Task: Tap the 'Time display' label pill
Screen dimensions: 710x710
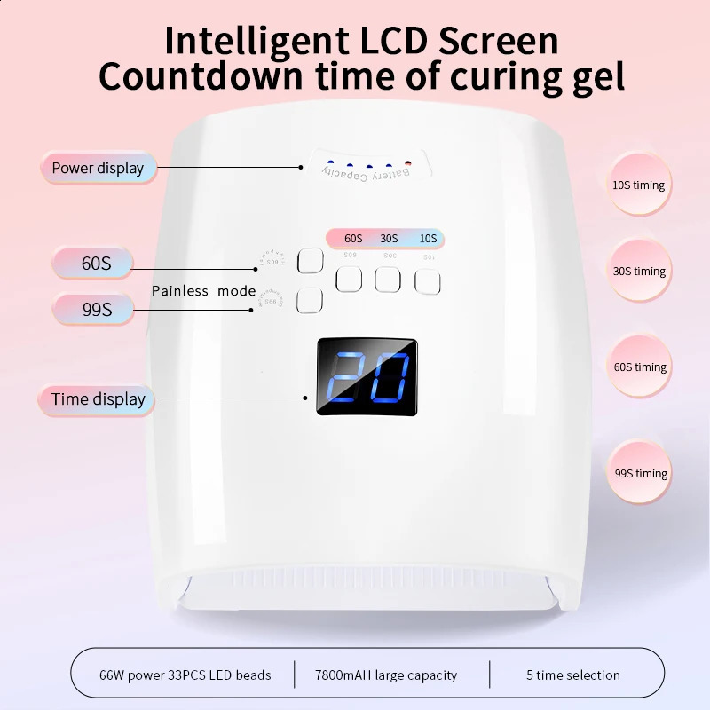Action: (x=98, y=399)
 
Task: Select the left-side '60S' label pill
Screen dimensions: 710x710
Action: (x=92, y=264)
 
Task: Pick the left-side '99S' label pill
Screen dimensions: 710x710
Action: (x=92, y=310)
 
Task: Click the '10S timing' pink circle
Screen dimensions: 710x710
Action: (x=639, y=185)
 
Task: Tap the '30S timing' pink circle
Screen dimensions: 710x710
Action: (x=639, y=272)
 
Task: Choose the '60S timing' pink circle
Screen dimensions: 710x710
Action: (x=639, y=367)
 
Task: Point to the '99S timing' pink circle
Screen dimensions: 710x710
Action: (x=639, y=473)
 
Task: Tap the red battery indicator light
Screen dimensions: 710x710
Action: (x=408, y=163)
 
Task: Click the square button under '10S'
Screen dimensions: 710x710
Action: (x=428, y=280)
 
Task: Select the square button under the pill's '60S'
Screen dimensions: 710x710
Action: (x=349, y=280)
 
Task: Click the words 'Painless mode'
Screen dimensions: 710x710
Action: (x=203, y=291)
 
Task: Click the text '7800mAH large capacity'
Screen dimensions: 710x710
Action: (x=386, y=675)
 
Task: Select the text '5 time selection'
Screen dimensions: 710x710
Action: (x=573, y=675)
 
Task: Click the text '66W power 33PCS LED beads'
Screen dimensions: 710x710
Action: (x=185, y=675)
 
